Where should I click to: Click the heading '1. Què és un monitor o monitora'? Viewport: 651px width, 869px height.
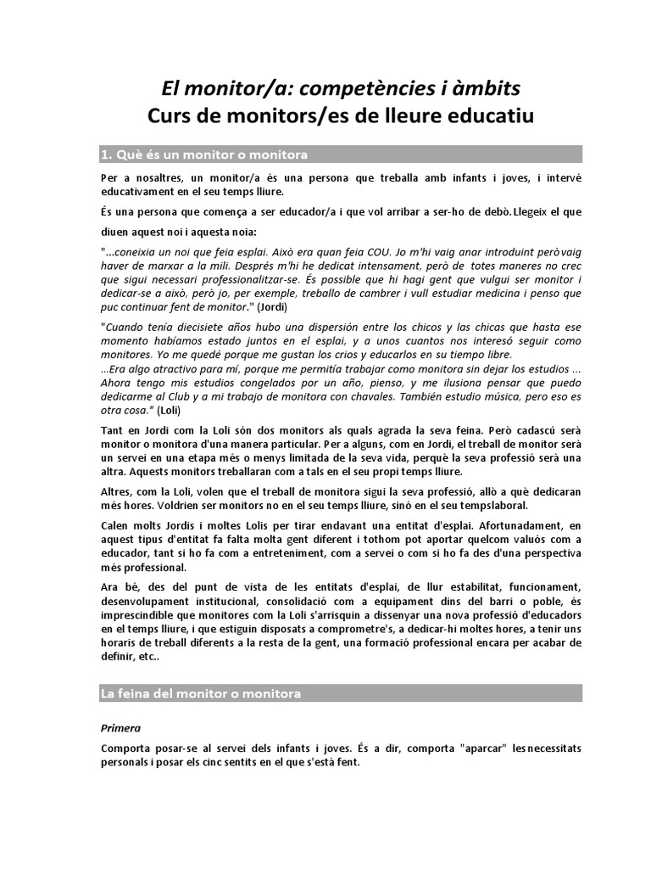[203, 154]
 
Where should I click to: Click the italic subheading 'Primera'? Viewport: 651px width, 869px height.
[120, 727]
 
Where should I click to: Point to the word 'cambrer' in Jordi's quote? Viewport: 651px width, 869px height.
[341, 293]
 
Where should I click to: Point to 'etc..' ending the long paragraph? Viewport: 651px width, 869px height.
[145, 656]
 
